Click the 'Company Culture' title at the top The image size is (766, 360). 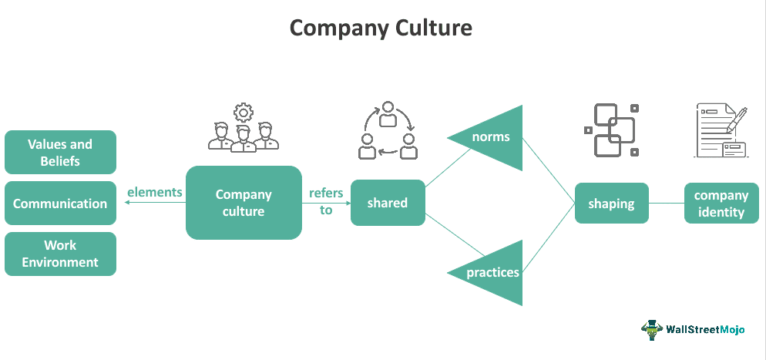tap(381, 29)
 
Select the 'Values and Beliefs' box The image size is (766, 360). tap(60, 152)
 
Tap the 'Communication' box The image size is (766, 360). tap(60, 204)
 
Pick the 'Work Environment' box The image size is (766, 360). tap(60, 254)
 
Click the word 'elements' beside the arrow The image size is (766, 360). tap(155, 192)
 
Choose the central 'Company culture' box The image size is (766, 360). tap(244, 203)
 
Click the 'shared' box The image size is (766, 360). tap(388, 203)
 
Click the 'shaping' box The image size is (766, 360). tap(611, 204)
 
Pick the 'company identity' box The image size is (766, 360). tap(721, 204)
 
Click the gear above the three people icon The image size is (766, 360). tap(244, 113)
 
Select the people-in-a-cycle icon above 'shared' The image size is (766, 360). tap(388, 129)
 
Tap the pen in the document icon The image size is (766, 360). tap(737, 119)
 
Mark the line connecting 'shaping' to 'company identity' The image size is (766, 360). tap(666, 204)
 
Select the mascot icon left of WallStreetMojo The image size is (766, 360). tap(652, 329)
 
